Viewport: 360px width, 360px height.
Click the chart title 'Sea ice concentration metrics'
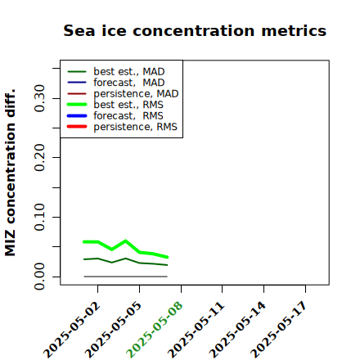point(195,30)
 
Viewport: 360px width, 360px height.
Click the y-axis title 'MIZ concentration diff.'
point(10,173)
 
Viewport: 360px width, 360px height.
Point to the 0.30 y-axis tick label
point(39,98)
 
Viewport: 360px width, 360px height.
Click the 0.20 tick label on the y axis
point(39,158)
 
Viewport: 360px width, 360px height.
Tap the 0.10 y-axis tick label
point(39,217)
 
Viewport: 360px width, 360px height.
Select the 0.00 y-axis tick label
point(39,277)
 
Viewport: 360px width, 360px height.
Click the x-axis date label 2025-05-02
point(72,330)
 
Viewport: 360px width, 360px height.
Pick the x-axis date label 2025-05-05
point(113,330)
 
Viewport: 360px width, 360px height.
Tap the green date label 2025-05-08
point(155,330)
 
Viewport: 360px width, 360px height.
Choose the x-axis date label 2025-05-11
point(196,330)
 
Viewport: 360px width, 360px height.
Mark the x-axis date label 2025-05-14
point(237,330)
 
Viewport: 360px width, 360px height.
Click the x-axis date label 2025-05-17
point(279,330)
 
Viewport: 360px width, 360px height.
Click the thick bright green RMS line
point(125,241)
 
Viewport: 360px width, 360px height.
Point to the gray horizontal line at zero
point(125,277)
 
